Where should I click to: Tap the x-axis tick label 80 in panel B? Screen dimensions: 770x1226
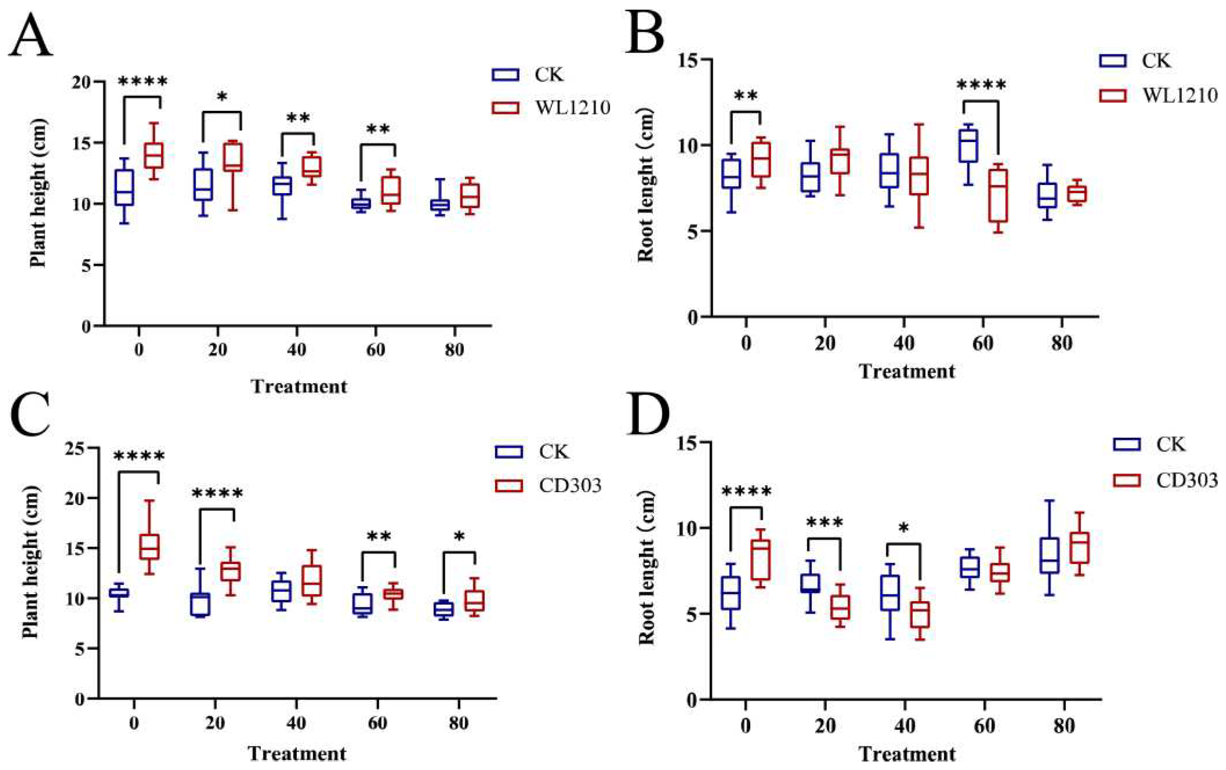tap(1062, 343)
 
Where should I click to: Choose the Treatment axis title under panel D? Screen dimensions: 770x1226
tap(907, 753)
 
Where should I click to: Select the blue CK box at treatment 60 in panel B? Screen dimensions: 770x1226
tap(968, 146)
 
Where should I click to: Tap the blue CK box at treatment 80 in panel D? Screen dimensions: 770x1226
tap(1049, 556)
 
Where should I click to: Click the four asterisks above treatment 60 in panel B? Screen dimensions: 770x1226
tap(981, 85)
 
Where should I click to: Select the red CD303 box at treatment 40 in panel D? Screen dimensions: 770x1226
tap(920, 615)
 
